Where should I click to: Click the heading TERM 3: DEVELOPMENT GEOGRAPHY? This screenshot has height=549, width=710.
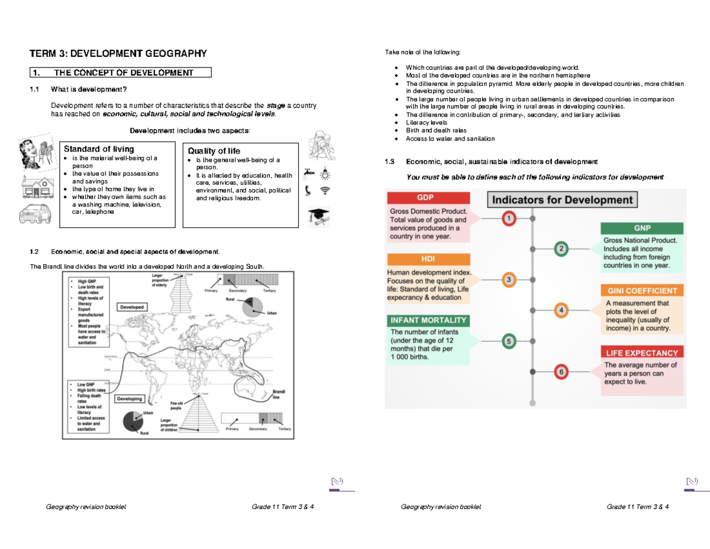118,54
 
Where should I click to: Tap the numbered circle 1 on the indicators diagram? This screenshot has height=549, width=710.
509,219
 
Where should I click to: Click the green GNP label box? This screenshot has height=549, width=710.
641,228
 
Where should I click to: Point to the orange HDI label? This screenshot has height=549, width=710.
428,259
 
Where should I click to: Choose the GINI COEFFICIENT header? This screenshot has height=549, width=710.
641,291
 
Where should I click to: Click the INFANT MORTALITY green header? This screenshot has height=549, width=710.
428,320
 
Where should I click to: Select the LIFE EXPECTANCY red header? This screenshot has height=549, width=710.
641,353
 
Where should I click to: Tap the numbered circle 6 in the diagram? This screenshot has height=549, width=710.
561,372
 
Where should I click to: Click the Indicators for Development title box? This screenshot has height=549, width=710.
562,200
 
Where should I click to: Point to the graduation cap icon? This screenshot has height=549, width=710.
319,217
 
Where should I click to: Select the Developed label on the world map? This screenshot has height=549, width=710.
132,307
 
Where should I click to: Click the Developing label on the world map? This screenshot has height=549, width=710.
130,399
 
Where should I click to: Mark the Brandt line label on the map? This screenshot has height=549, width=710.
278,395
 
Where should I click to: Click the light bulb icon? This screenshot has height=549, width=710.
324,174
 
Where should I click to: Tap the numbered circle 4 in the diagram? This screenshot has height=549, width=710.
561,310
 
